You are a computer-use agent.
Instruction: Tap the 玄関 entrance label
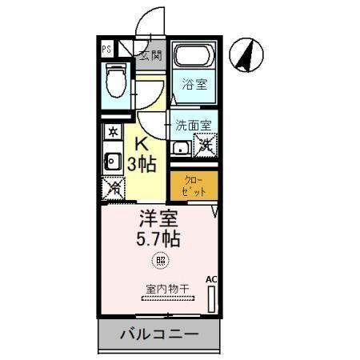[x=150, y=55]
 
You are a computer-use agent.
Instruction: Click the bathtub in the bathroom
[x=195, y=57]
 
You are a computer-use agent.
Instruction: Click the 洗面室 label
[x=194, y=125]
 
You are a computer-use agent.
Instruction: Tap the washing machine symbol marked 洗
[x=206, y=146]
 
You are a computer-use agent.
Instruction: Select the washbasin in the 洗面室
[x=180, y=147]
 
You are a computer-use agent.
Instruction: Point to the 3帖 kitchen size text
[x=142, y=165]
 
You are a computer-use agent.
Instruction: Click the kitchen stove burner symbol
[x=113, y=130]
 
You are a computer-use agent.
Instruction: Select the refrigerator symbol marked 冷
[x=114, y=189]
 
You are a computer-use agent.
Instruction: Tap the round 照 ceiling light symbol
[x=160, y=259]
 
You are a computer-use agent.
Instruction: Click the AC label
[x=211, y=278]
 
